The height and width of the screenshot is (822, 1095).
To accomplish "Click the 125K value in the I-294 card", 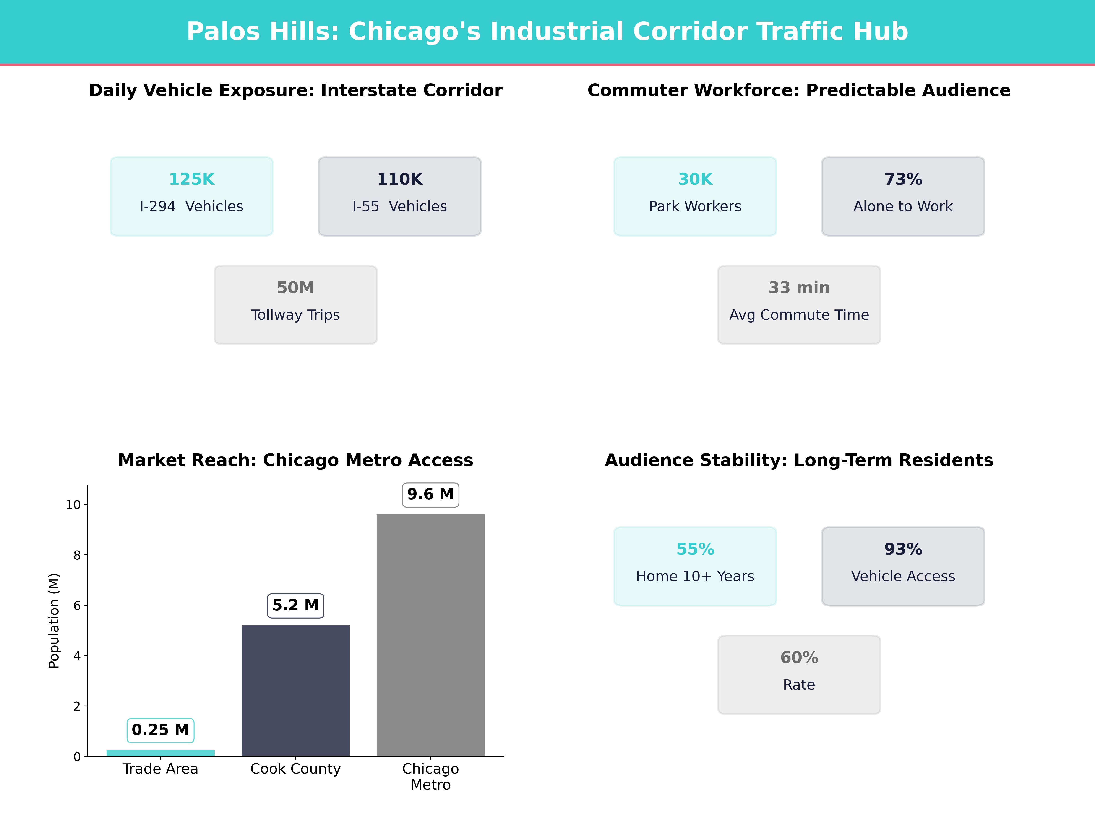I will coord(192,179).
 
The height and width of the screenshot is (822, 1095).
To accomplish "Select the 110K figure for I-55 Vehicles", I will coord(399,179).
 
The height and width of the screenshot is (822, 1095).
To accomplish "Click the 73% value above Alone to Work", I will coord(903,179).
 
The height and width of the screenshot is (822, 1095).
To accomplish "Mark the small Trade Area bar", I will coord(160,753).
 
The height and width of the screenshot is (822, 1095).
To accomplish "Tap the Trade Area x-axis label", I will coord(160,769).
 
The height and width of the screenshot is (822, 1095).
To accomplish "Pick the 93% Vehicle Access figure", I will coord(903,550).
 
